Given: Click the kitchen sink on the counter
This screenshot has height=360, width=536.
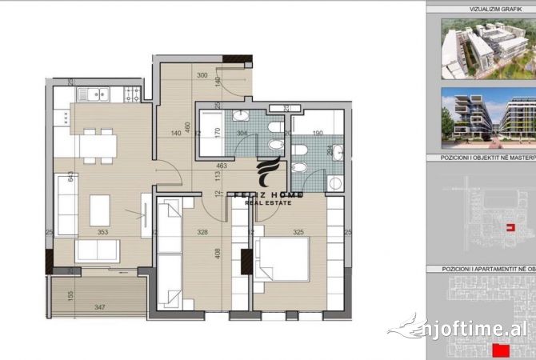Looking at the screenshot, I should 96,94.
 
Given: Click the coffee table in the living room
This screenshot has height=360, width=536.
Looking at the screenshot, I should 99,210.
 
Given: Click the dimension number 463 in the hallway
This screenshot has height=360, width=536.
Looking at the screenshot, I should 222,166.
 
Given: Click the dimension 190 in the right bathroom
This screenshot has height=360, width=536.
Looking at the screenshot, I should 318,134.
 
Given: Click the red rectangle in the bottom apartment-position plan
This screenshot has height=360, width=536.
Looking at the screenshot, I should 502,350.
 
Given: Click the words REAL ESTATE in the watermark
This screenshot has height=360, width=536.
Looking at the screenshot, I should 268,202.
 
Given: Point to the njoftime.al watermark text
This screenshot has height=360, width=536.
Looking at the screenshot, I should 468,329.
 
